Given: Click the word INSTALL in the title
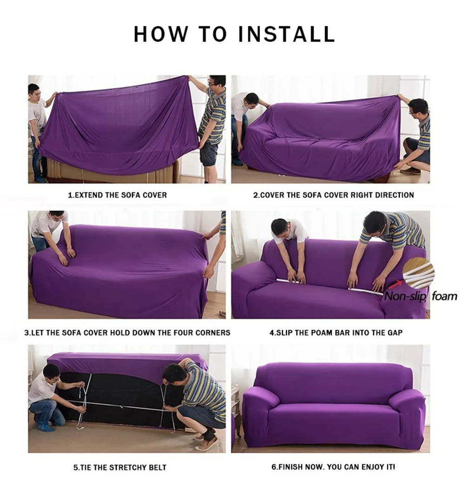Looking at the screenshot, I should (x=286, y=34).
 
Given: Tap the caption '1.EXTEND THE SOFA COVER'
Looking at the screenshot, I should (x=117, y=195).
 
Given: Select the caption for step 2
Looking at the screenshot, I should (x=333, y=195).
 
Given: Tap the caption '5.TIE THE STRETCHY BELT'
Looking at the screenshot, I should (x=120, y=467).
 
